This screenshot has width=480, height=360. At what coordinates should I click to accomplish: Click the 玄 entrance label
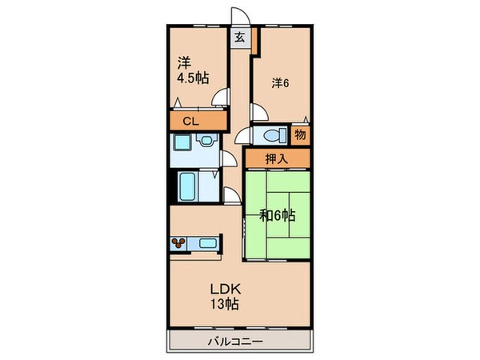click(240, 36)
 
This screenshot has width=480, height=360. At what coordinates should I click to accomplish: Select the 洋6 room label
click(279, 82)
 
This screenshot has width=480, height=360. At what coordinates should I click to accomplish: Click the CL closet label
click(190, 122)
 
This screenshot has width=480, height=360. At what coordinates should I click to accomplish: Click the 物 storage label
click(300, 135)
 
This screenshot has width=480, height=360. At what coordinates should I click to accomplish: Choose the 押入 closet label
click(276, 159)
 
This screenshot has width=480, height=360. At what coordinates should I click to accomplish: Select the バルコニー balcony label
click(238, 342)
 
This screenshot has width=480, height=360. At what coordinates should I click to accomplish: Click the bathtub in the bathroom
click(189, 186)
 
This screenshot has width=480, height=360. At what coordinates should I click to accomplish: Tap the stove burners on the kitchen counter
click(180, 242)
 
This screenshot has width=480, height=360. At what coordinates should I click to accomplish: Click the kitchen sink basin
click(206, 242)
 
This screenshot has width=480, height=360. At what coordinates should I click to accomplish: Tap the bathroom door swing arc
click(230, 196)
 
